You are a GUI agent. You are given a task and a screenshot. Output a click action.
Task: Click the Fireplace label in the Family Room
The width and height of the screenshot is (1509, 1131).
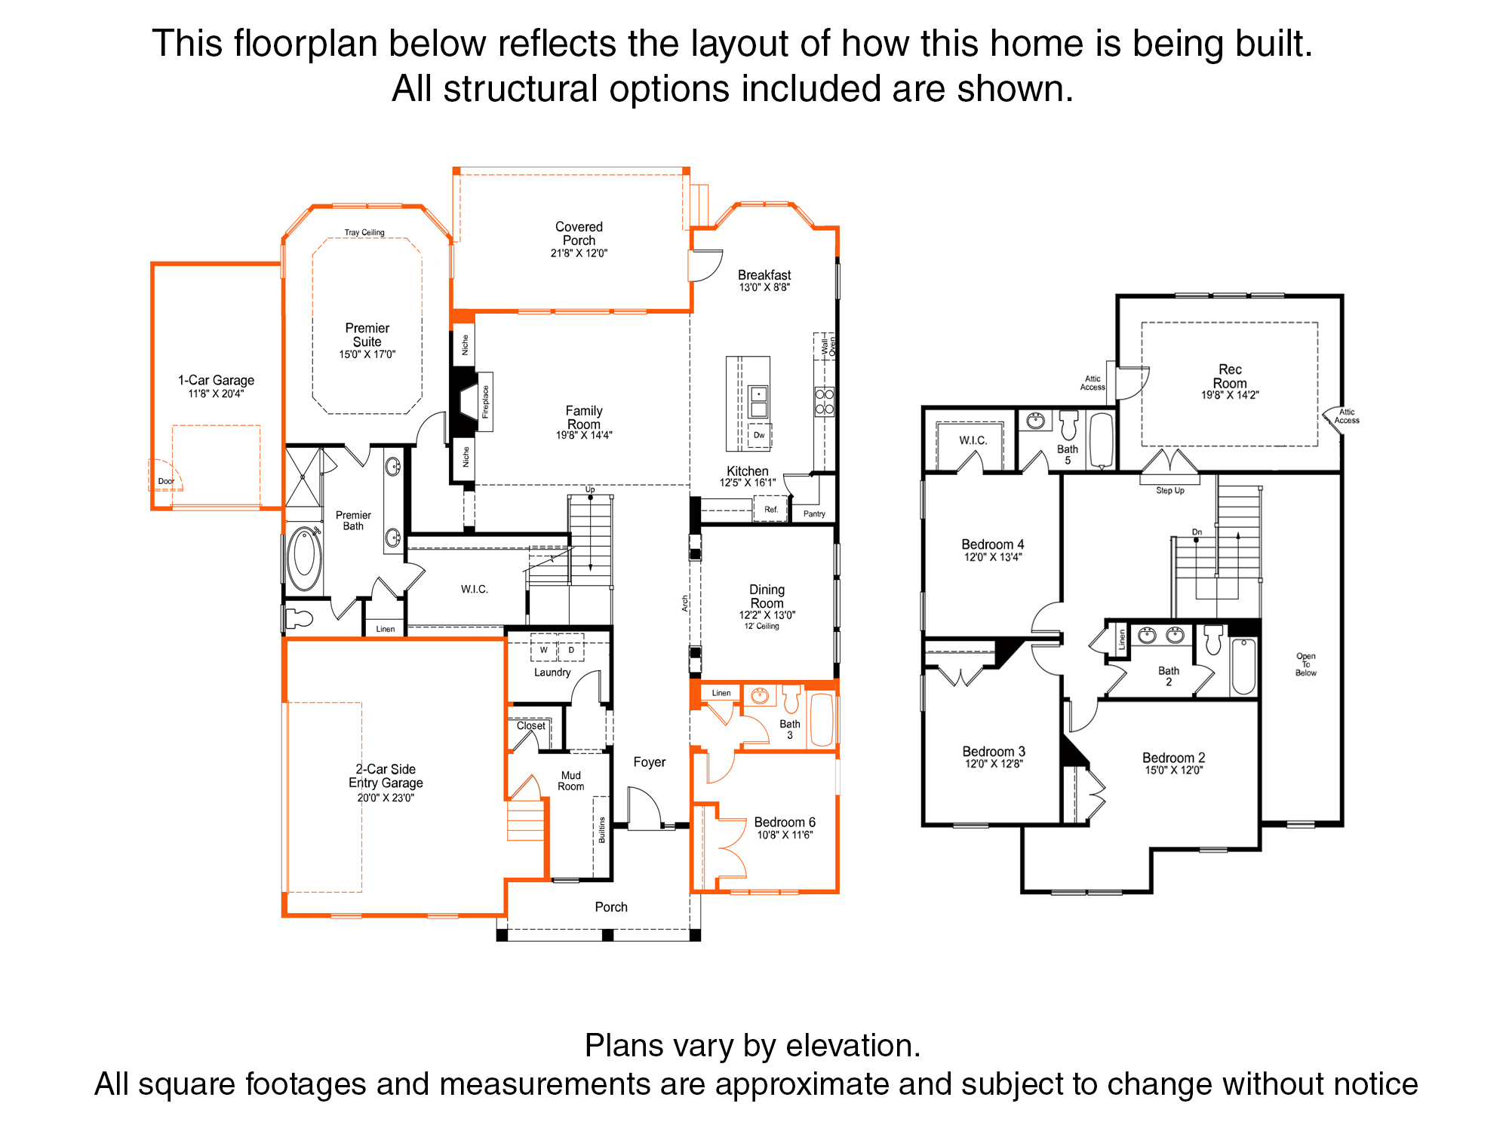point(485,402)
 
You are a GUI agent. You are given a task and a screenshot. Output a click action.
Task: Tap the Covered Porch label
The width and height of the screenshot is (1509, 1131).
point(579,234)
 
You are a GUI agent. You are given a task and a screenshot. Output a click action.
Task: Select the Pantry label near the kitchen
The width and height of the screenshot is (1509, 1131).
point(814,514)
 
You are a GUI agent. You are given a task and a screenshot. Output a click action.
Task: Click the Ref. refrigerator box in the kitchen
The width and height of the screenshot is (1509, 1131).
point(770,509)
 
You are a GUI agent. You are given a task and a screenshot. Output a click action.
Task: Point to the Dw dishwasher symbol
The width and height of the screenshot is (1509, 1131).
point(759,435)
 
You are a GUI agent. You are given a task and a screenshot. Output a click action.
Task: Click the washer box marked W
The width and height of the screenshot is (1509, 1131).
point(543,649)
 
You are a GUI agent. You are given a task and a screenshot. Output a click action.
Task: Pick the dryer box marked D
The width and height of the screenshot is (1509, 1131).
point(571,649)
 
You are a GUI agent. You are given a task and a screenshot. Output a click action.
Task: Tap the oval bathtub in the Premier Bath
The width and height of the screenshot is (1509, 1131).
point(304,559)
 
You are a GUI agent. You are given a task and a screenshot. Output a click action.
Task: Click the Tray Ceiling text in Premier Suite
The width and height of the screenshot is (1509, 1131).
point(364,232)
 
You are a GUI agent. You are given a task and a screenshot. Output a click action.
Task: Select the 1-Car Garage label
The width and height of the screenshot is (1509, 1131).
point(216,380)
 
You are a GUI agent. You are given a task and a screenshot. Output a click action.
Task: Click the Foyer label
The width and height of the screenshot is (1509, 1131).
point(650,762)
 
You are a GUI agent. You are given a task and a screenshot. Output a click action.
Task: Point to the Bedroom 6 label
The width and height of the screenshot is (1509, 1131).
point(785,822)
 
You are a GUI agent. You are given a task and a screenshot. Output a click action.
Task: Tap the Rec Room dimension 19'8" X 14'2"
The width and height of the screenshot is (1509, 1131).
point(1230,395)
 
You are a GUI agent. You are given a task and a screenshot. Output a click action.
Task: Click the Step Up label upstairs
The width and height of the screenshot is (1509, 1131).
point(1170,491)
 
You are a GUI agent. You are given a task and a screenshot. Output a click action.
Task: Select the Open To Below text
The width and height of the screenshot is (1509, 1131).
point(1306,664)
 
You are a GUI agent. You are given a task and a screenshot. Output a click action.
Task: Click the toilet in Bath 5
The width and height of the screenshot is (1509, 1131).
point(1068,425)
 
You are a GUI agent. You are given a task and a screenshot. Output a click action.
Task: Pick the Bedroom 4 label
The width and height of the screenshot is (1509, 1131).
point(993,544)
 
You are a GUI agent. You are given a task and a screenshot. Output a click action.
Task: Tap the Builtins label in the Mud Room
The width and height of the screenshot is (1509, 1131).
point(602,829)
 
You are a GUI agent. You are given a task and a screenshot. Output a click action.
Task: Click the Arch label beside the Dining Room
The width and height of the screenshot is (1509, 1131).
point(685,603)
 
